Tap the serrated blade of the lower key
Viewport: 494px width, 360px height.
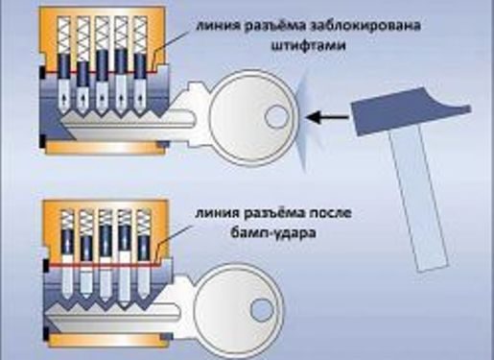point(106,299)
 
